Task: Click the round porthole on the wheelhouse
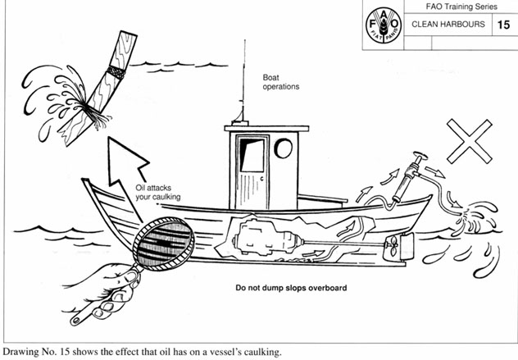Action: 284,148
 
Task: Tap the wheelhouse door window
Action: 252,156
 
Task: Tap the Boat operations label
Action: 281,81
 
